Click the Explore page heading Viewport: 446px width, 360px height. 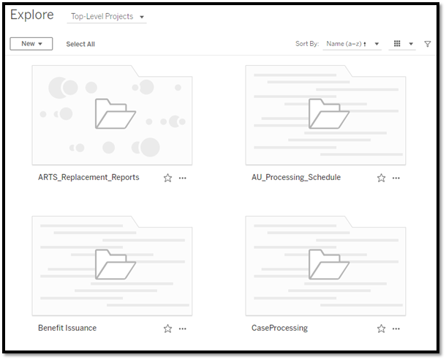(32, 15)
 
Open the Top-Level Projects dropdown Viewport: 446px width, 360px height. (107, 17)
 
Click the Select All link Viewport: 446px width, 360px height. (80, 44)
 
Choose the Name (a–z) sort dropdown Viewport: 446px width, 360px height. (352, 44)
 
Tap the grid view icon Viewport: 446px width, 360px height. (397, 44)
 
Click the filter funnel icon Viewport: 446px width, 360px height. (427, 44)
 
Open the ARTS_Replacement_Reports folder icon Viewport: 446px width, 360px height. (116, 113)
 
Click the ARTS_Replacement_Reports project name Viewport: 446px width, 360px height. (88, 177)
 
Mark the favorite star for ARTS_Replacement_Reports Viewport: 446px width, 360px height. (168, 178)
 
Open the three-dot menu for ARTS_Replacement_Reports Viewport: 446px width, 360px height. (183, 178)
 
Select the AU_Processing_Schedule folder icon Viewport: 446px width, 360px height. (329, 113)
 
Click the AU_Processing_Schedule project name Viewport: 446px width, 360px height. (296, 177)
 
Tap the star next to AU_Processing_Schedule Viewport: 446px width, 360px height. (382, 178)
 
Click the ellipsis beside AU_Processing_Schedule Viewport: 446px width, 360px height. (396, 178)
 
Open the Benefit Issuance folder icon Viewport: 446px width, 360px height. (116, 264)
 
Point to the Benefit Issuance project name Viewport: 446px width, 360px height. (67, 328)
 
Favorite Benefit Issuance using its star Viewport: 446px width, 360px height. (168, 329)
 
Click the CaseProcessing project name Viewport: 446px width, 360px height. (279, 328)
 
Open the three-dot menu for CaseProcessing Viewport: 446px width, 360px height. (396, 329)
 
